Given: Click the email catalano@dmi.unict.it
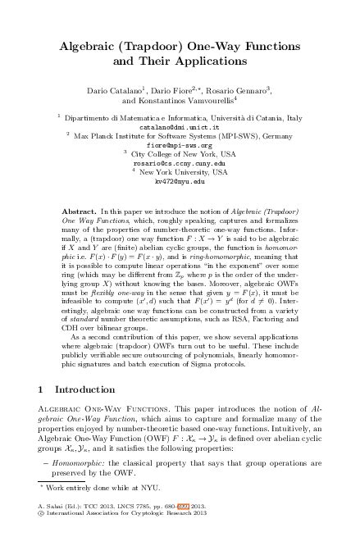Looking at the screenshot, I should pos(179,128).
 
